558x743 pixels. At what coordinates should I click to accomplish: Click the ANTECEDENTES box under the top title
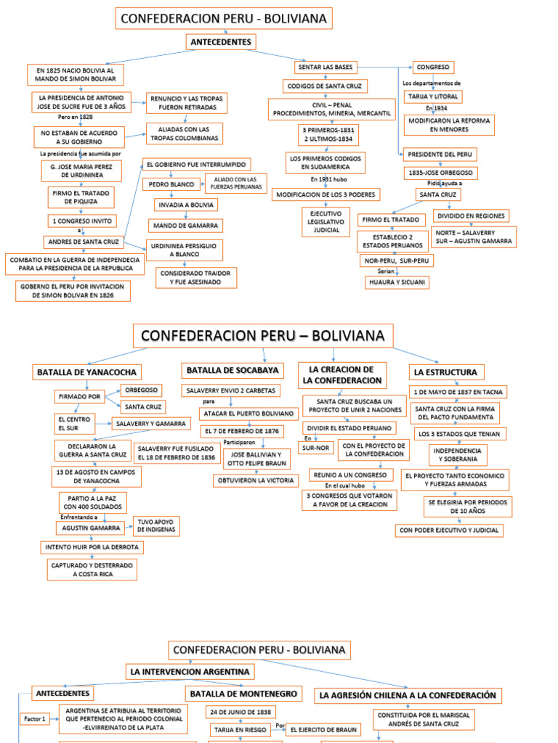point(221,42)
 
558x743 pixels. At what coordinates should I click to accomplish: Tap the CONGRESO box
point(433,67)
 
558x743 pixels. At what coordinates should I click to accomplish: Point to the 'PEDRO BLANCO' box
point(171,184)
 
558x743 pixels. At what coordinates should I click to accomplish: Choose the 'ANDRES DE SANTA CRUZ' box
point(84,242)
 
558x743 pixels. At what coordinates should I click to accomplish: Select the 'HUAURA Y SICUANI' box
point(397,282)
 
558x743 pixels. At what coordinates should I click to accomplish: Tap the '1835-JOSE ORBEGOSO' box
point(440,173)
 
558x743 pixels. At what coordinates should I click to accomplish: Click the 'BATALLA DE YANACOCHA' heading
point(86,372)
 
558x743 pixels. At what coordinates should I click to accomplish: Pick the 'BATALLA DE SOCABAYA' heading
point(232,370)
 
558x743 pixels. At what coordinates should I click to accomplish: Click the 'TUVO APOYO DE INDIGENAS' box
point(155,526)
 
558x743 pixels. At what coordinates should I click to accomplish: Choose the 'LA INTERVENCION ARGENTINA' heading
point(190,672)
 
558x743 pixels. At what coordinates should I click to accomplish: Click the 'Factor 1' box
point(34,719)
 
